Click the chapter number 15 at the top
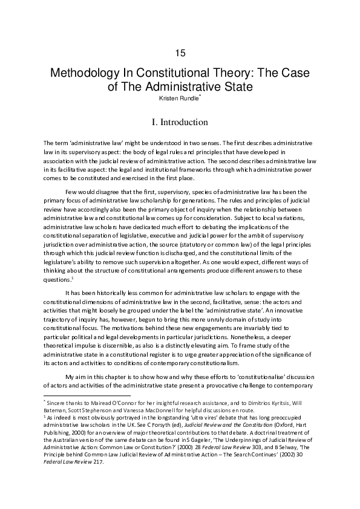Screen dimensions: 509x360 180,53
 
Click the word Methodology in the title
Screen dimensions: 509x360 87,74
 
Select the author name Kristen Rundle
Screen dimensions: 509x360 178,99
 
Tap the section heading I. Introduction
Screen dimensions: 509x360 180,122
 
